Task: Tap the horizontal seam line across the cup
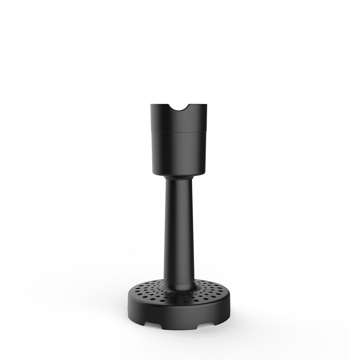180,132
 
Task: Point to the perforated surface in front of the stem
180,291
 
